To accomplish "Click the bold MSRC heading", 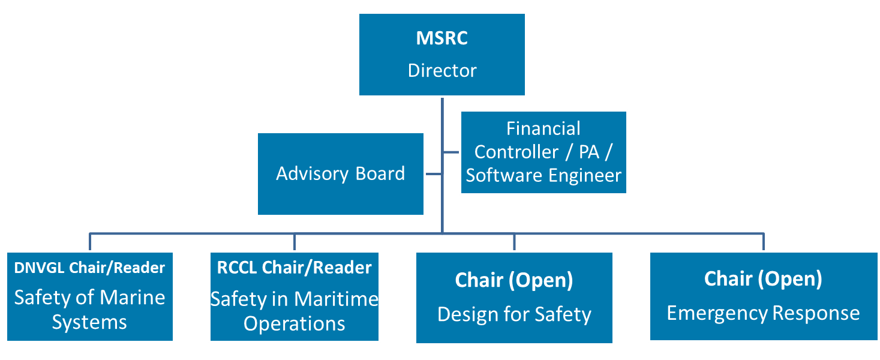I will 441,38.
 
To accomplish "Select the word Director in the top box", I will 441,70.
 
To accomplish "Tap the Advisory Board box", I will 340,174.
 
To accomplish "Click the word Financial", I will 543,128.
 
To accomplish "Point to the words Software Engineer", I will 543,175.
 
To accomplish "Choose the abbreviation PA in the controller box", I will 589,152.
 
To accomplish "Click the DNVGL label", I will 40,268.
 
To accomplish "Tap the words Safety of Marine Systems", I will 89,310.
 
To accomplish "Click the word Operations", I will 294,323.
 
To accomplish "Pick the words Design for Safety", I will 514,314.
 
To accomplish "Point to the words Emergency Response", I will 763,313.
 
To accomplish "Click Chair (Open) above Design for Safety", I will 514,280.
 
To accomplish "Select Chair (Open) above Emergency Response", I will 763,278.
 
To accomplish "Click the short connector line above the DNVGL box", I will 90,241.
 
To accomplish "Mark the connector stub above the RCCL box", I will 294,241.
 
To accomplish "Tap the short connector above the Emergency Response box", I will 763,241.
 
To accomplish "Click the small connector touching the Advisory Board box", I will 432,174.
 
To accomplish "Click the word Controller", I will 516,152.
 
